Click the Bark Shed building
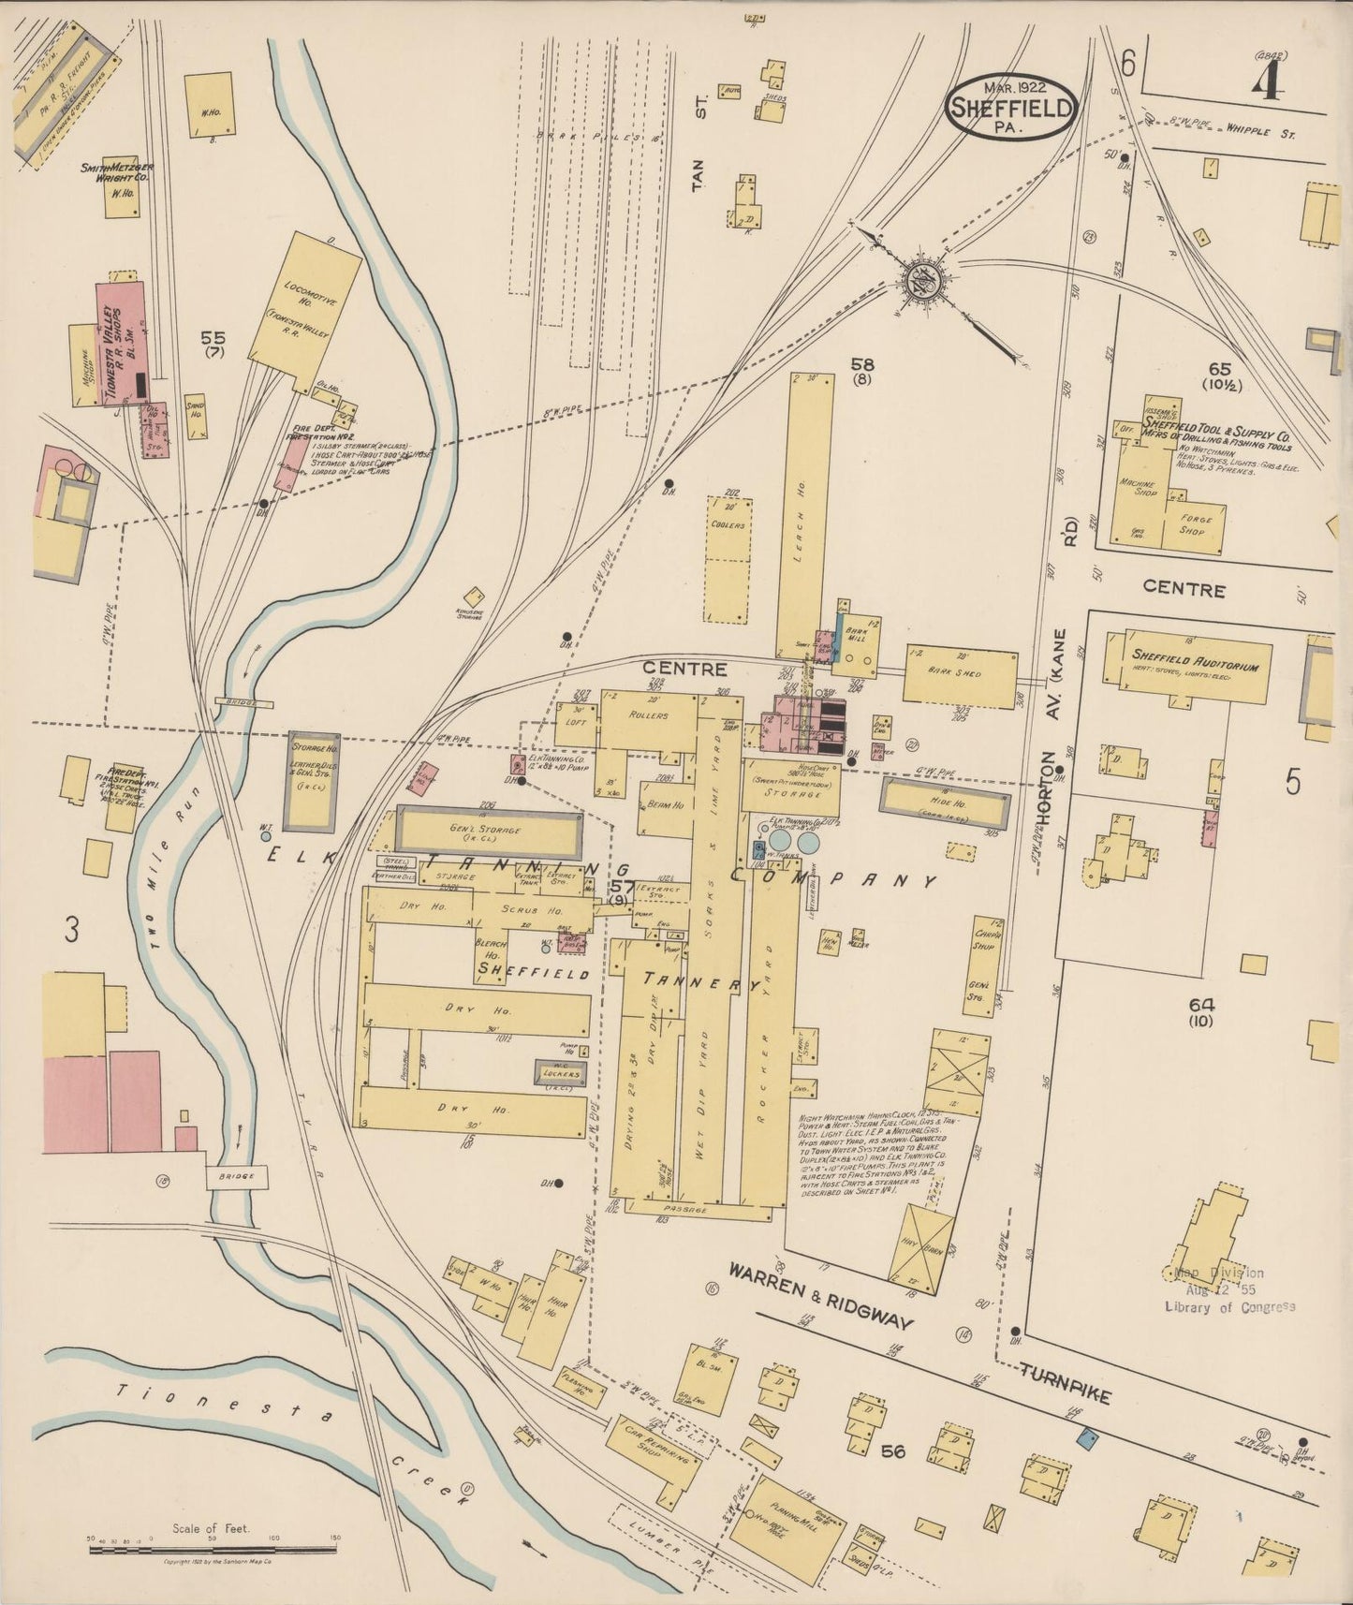[960, 675]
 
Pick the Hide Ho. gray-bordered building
[947, 804]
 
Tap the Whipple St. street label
[1259, 133]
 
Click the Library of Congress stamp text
[1228, 1306]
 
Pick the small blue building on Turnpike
[1087, 1436]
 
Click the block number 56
[894, 1451]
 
